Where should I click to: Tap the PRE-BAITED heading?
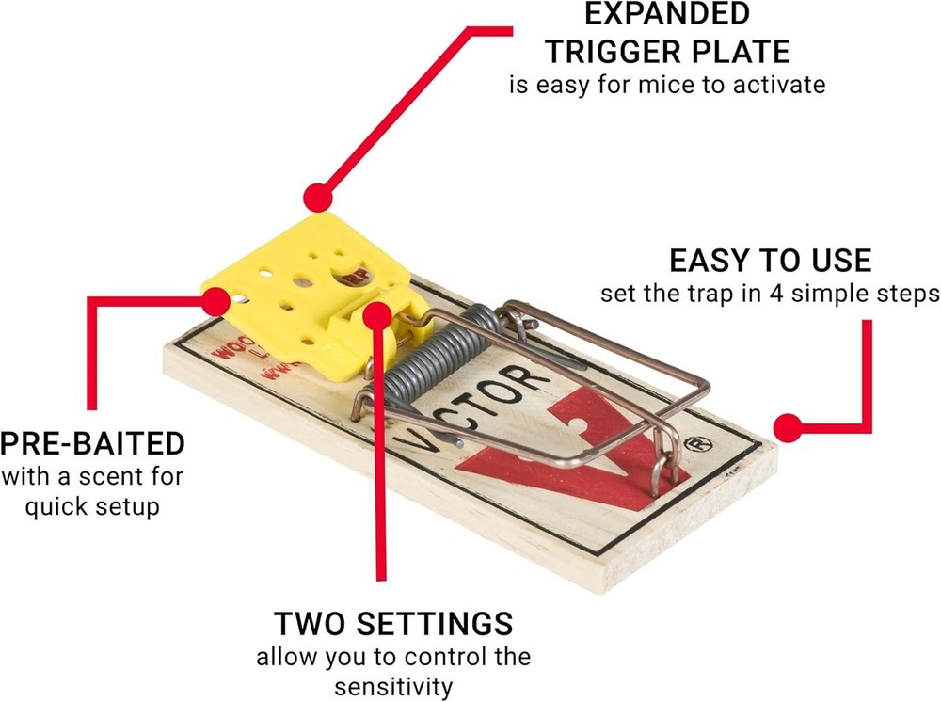tap(92, 442)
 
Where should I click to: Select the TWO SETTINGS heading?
tap(393, 623)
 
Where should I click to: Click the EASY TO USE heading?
tap(770, 260)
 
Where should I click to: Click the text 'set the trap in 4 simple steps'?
tap(770, 294)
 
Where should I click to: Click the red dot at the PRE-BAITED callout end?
tap(216, 302)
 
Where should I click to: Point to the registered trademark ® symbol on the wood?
tap(698, 441)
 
